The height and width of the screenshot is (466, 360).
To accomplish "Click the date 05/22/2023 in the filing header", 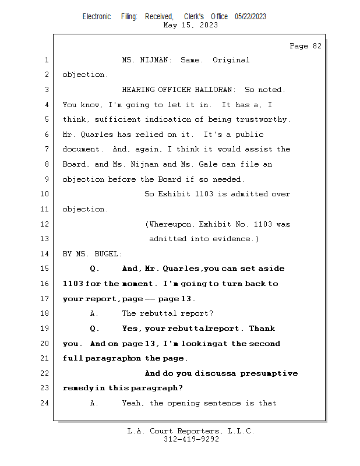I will (250, 16).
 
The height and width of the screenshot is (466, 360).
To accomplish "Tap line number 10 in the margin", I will (46, 194).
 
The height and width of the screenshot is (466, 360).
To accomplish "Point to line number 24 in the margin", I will (46, 403).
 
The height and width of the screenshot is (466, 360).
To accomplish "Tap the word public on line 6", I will (249, 135).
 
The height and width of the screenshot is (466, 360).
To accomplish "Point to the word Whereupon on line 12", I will (172, 224).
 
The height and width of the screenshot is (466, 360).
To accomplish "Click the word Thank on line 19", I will (262, 329).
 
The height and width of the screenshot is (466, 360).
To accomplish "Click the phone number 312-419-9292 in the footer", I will (192, 440).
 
